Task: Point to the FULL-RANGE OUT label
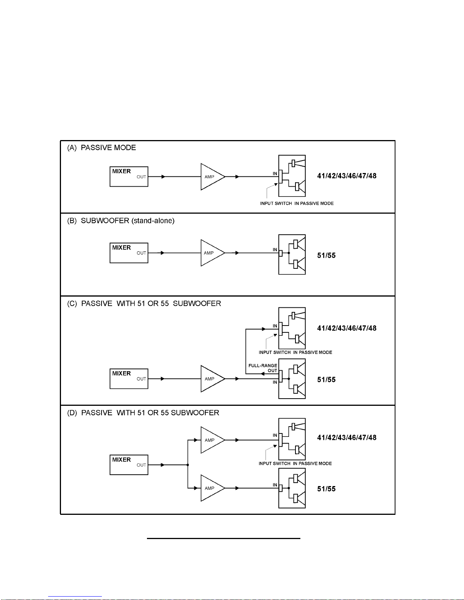(x=262, y=368)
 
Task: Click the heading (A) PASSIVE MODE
(x=102, y=148)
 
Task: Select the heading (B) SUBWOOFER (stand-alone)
(x=121, y=221)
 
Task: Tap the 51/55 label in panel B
(x=326, y=256)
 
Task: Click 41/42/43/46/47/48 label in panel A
(x=347, y=176)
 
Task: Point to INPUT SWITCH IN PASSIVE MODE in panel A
(x=297, y=204)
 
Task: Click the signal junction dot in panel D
(x=188, y=465)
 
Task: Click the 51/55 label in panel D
(x=326, y=489)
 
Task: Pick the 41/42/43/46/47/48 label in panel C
(x=347, y=328)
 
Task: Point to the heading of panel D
(x=143, y=413)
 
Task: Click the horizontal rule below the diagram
(x=223, y=538)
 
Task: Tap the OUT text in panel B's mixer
(x=141, y=253)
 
